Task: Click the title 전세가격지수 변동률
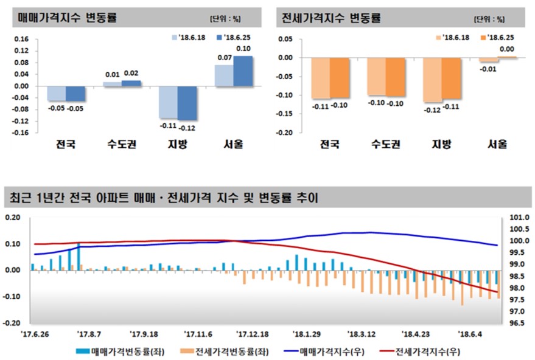[x=331, y=18]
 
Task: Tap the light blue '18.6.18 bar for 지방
[x=168, y=102]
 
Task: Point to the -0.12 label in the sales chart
[x=187, y=128]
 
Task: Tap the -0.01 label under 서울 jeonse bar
[x=487, y=69]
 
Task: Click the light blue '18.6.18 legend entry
[x=189, y=37]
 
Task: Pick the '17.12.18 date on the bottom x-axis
[x=253, y=334]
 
